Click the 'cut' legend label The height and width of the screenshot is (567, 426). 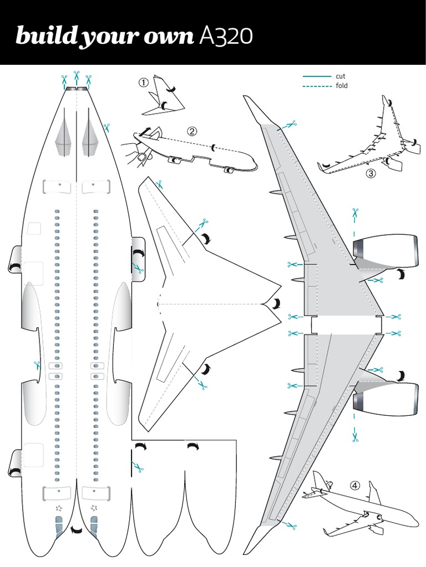[x=341, y=76]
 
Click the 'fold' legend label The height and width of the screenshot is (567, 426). [x=342, y=86]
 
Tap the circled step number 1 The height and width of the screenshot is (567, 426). [x=144, y=83]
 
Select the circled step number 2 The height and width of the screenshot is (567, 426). [x=192, y=131]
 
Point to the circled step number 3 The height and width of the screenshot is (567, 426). [x=371, y=173]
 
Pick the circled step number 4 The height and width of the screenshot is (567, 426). [x=355, y=486]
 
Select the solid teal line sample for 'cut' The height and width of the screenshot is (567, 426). [x=317, y=76]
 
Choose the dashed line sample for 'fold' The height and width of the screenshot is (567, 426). [x=317, y=86]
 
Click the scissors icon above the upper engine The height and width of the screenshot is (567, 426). [x=355, y=213]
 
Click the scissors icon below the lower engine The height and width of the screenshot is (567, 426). [x=355, y=436]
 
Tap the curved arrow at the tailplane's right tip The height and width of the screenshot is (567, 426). [x=276, y=303]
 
